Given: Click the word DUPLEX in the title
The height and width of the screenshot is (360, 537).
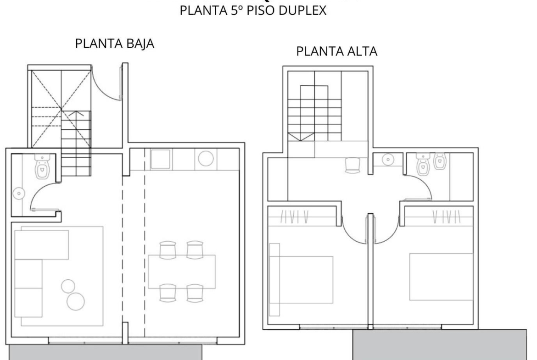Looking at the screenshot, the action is tap(302, 10).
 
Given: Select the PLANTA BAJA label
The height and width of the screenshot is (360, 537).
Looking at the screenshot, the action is tap(115, 44).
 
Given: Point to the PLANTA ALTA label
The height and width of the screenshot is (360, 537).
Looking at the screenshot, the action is tap(336, 51).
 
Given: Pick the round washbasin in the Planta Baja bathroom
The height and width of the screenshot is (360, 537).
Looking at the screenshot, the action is tap(19, 194).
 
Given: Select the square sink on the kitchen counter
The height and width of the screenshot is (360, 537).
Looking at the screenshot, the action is tap(160, 159).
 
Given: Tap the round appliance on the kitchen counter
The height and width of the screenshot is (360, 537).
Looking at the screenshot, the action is tap(206, 158).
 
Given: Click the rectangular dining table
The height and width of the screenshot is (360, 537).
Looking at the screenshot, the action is tap(181, 271).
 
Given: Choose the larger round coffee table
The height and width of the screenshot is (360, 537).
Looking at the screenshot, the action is tap(76, 301).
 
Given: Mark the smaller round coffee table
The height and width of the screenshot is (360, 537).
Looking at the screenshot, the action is tap(68, 287).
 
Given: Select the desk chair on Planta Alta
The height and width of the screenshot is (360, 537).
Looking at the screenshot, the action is tap(353, 165).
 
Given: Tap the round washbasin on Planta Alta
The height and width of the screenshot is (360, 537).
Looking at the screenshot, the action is tap(387, 159).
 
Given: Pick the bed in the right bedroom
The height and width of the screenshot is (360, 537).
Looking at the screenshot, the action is tap(441, 277).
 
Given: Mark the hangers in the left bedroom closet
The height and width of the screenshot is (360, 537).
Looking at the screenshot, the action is tap(295, 216).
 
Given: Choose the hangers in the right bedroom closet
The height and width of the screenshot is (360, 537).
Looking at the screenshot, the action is tap(446, 216).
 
